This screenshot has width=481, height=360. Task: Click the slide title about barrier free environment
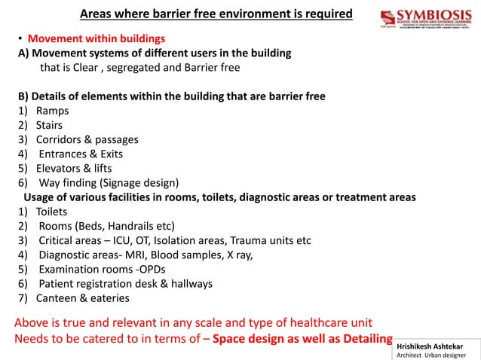[x=216, y=14]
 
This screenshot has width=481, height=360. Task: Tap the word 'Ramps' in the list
[x=52, y=111]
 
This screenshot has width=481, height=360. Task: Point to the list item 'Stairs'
[x=50, y=125]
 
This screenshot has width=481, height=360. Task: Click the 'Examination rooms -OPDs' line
[x=102, y=269]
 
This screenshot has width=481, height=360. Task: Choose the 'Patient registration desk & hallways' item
[x=125, y=283]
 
